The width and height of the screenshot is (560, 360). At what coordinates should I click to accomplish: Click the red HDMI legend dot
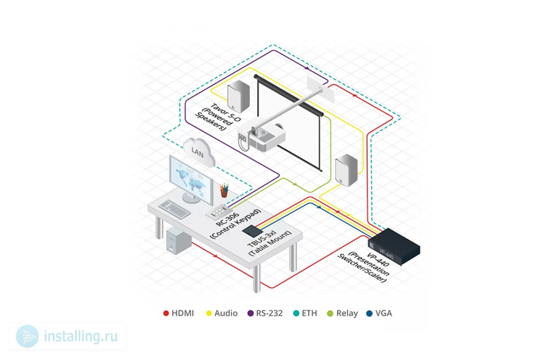point(166,313)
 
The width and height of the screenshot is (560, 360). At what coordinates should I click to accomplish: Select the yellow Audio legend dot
point(209,313)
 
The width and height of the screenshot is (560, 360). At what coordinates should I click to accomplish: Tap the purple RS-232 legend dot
point(250,313)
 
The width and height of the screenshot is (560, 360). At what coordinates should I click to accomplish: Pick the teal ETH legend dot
point(296,313)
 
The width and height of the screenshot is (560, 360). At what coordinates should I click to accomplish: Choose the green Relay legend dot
point(330,313)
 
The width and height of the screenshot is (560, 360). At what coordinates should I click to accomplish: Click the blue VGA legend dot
point(369,313)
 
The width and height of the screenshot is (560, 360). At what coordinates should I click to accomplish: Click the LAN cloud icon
point(199,152)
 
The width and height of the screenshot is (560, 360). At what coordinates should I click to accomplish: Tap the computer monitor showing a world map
point(191,179)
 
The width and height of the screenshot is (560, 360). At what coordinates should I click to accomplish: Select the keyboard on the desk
point(174,209)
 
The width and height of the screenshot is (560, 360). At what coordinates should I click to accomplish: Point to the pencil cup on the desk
point(224,190)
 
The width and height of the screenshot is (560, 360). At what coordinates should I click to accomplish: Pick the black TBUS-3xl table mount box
point(252,231)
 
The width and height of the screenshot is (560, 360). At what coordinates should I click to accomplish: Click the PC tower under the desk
point(178,241)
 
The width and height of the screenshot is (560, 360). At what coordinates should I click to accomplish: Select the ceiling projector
point(261,136)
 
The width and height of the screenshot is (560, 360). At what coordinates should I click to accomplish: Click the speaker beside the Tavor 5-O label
point(238,96)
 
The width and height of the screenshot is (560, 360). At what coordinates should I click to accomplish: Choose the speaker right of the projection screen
point(346,170)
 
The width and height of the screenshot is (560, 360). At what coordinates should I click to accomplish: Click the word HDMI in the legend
point(183,313)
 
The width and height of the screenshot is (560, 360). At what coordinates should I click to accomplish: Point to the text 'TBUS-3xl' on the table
point(262,238)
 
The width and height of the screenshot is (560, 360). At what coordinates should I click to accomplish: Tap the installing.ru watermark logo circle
point(27,336)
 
